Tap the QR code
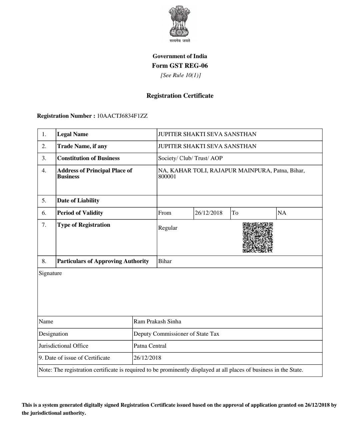coord(258,237)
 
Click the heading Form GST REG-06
coord(180,66)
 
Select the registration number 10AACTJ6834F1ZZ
coord(122,116)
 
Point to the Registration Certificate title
coord(180,96)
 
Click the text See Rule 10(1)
coord(180,75)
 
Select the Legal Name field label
coord(73,134)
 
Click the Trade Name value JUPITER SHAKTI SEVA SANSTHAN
coord(207,146)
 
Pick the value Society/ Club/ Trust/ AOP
coord(190,158)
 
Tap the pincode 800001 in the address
coord(167,177)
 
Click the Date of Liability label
coord(78,201)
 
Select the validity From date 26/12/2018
coord(208,213)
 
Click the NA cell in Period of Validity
coord(282,213)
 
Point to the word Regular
coord(168,228)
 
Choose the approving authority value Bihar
coord(165,261)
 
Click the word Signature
coord(50,273)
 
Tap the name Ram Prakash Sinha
coord(157,322)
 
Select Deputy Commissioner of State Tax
coord(176,334)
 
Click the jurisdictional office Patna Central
coord(150,346)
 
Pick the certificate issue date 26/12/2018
coord(147,358)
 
